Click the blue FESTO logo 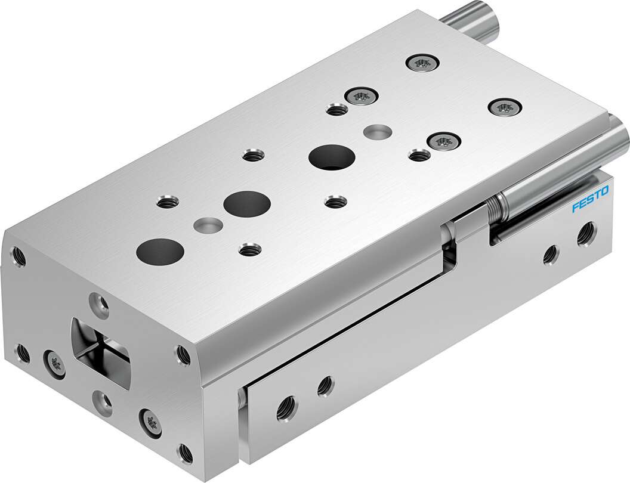[590, 200]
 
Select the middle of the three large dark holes [247, 203]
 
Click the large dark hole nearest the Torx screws [332, 158]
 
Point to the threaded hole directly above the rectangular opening [99, 302]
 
